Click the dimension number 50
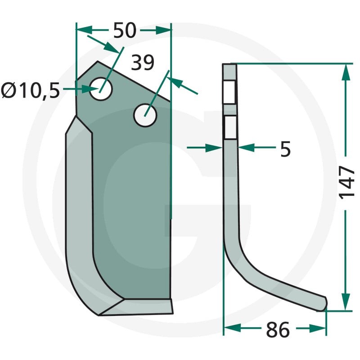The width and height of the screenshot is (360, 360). click(x=125, y=30)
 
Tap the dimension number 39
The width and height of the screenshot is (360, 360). click(x=143, y=63)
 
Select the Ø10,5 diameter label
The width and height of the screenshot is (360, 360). click(x=31, y=90)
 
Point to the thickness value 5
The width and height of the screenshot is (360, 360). click(x=285, y=149)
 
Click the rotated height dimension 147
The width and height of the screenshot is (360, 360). click(x=346, y=183)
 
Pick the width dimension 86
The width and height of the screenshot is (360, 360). click(x=278, y=330)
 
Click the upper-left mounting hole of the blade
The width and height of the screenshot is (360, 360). click(x=101, y=89)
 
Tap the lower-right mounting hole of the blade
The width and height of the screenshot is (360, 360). click(x=145, y=115)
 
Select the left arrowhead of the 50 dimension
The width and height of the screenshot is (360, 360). click(x=84, y=30)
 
